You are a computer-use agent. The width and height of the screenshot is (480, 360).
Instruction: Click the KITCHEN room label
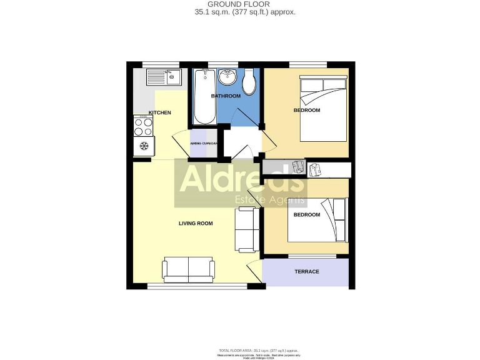pyautogui.click(x=159, y=112)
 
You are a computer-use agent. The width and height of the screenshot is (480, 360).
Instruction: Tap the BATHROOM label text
pyautogui.click(x=226, y=96)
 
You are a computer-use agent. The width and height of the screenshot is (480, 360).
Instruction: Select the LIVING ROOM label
pyautogui.click(x=196, y=223)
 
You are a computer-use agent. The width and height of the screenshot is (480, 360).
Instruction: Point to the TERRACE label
pyautogui.click(x=307, y=271)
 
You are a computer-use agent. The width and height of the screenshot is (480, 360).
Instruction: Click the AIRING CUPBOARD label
pyautogui.click(x=204, y=143)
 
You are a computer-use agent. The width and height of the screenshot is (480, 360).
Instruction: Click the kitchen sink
pyautogui.click(x=164, y=77)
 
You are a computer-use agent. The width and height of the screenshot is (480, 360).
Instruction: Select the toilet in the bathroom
pyautogui.click(x=249, y=81)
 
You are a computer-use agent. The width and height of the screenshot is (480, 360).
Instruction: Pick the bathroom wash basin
pyautogui.click(x=227, y=78)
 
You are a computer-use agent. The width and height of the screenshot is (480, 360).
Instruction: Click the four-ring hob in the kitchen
pyautogui.click(x=144, y=127)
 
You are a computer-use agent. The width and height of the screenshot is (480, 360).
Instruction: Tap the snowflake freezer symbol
pyautogui.click(x=144, y=147)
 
